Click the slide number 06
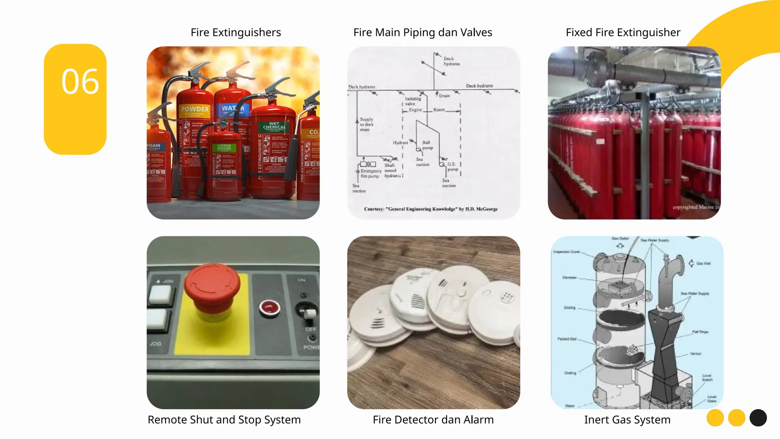pos(80,82)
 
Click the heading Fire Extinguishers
pos(236,32)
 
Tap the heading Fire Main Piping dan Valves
pos(423,32)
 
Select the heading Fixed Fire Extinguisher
pos(623,32)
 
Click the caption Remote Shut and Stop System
pos(224,420)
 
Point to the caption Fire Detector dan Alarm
pos(433,420)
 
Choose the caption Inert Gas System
pos(627,420)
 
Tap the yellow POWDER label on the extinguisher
pos(195,109)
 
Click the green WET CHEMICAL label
pos(274,126)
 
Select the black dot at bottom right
pos(758,418)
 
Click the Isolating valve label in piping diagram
pos(412,101)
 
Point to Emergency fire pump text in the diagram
pos(371,174)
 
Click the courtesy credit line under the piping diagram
pos(431,209)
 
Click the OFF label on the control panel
pos(310,329)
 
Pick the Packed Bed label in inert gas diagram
pos(567,339)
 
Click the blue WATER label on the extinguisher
pos(232,109)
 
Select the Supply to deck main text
pos(366,124)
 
